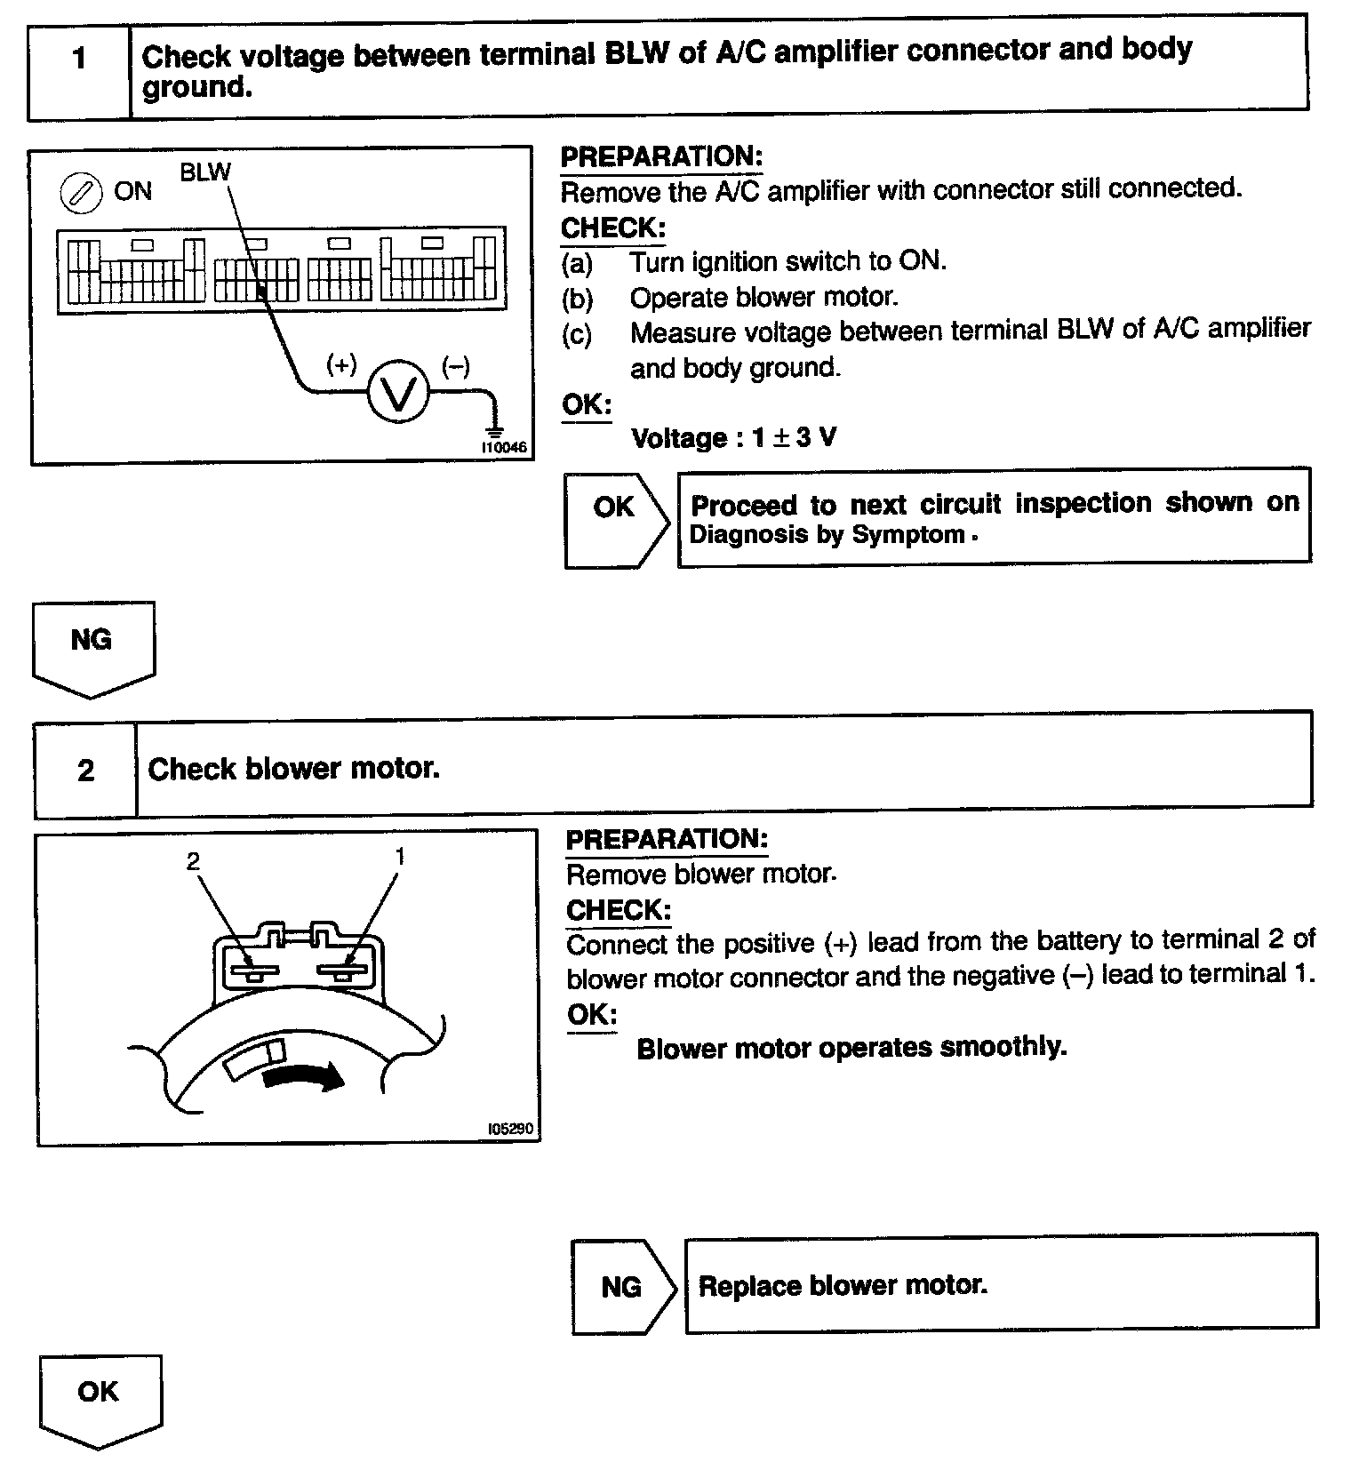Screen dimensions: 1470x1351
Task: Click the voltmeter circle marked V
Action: point(397,391)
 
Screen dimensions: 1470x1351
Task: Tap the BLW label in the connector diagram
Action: point(204,172)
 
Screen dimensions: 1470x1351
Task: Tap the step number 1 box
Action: point(80,60)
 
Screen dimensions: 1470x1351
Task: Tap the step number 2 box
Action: point(85,770)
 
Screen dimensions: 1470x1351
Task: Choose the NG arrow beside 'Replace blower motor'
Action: point(622,1286)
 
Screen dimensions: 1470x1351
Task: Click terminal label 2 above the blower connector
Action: point(193,860)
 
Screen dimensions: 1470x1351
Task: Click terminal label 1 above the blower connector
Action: point(400,856)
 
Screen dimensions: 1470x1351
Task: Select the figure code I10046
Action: point(504,448)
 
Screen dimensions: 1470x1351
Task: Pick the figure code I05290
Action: point(510,1129)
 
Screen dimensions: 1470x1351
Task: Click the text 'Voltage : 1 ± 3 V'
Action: point(733,438)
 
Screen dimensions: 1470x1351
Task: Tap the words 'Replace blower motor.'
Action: point(843,1285)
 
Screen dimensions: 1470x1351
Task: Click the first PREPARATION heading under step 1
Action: point(661,156)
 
